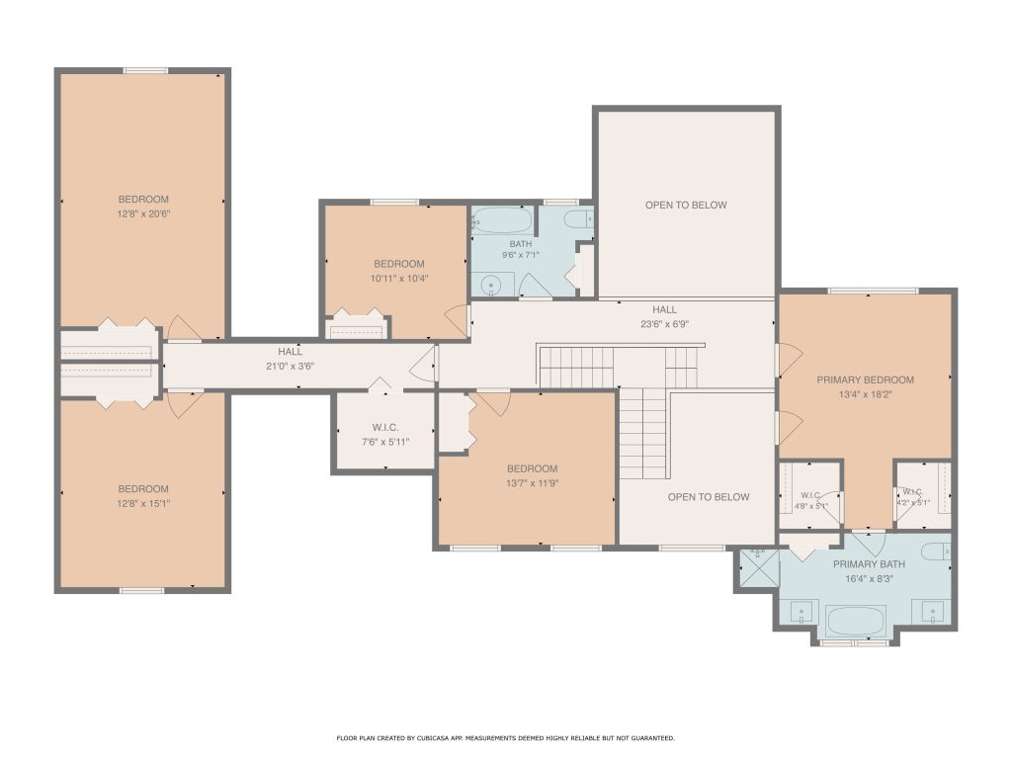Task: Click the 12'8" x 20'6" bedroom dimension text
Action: [x=143, y=213]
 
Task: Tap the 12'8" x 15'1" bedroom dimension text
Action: [x=143, y=503]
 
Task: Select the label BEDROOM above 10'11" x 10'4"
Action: [x=399, y=264]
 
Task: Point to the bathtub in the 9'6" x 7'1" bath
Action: [x=502, y=220]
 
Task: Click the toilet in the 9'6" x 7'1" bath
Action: [x=579, y=218]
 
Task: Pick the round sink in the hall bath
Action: [x=492, y=285]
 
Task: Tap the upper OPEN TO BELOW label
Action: [x=686, y=206]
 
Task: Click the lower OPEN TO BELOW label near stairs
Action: [x=709, y=497]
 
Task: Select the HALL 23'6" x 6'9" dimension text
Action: [x=665, y=324]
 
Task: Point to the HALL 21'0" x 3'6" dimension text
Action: [x=290, y=366]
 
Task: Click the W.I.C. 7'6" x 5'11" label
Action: [x=385, y=435]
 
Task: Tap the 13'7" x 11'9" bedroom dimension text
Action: [x=533, y=482]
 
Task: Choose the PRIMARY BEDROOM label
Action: [x=866, y=380]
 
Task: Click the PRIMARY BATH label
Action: [x=869, y=564]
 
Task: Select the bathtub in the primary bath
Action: [x=856, y=621]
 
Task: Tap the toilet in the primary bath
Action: [x=936, y=551]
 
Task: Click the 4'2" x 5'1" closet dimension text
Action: [x=912, y=503]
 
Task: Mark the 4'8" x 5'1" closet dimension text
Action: [x=810, y=506]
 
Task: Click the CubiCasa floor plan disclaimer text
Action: [x=505, y=737]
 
